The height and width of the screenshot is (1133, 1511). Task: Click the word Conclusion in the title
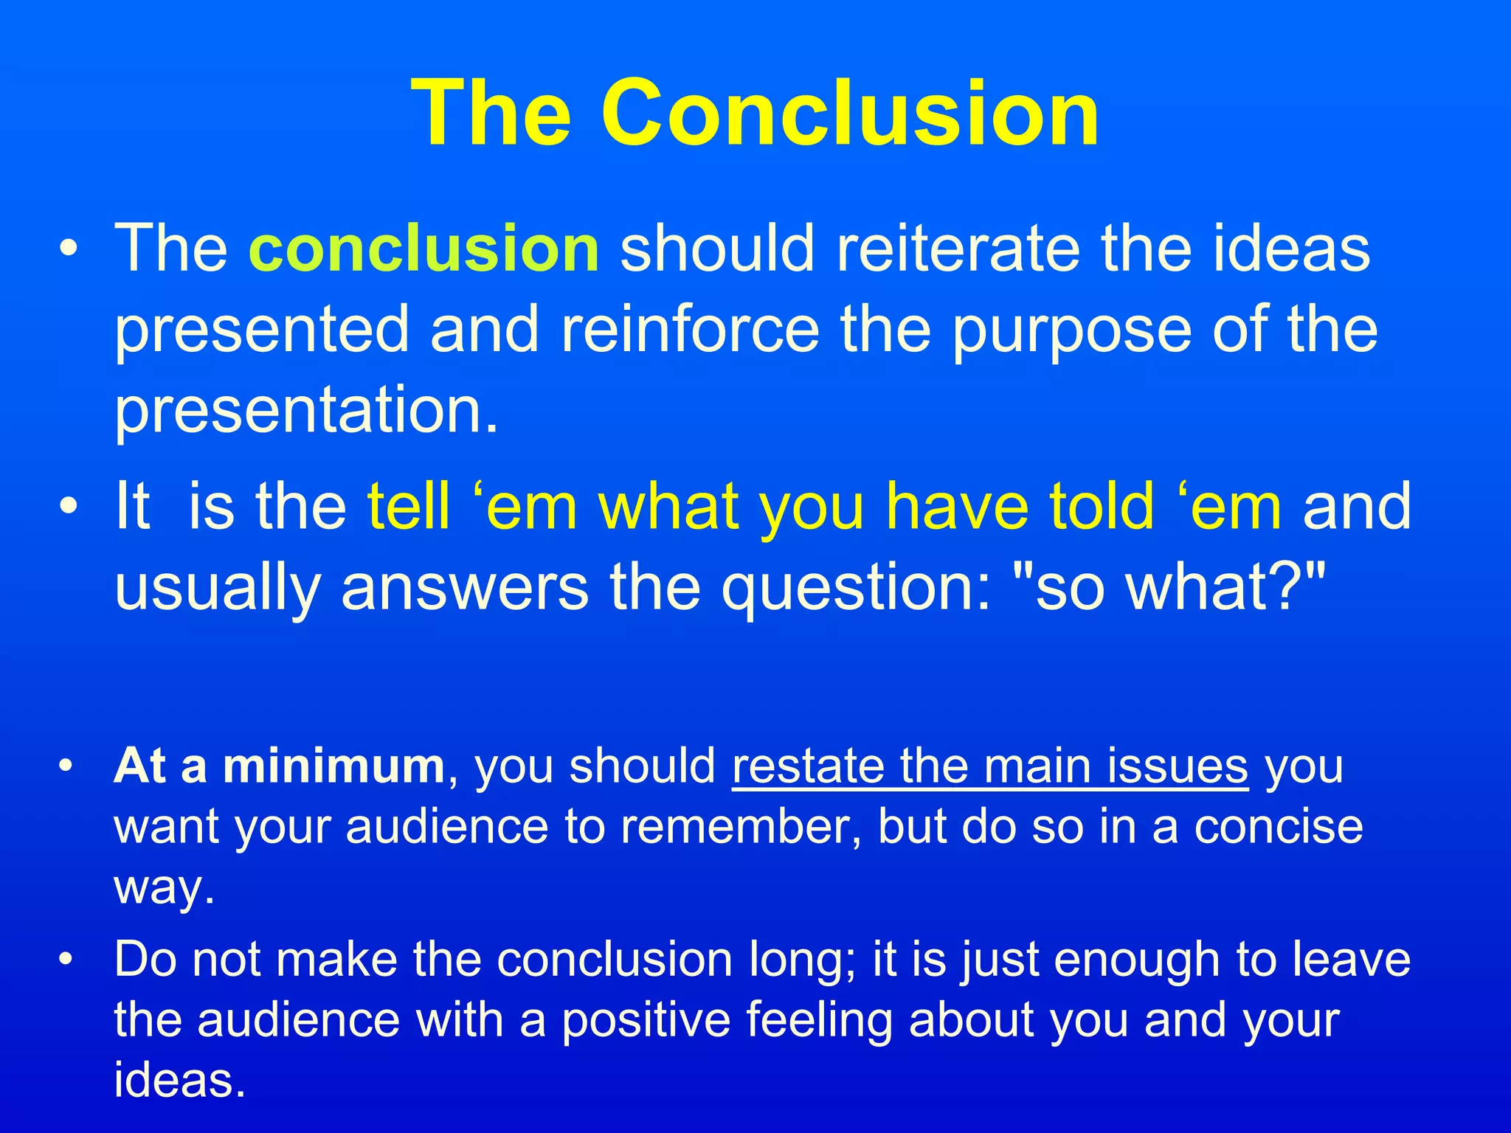pos(850,114)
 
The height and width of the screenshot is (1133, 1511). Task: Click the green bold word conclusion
pos(424,249)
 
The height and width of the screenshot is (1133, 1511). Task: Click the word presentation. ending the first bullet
pos(307,412)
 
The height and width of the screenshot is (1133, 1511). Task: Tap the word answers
pos(465,588)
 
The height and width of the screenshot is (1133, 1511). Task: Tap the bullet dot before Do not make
pos(67,960)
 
